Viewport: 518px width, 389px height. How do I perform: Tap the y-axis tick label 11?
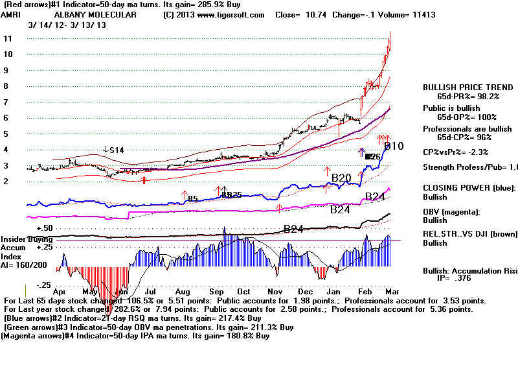8,38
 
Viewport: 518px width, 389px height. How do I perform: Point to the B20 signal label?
341,177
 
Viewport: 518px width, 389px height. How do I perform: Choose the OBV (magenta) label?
451,212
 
